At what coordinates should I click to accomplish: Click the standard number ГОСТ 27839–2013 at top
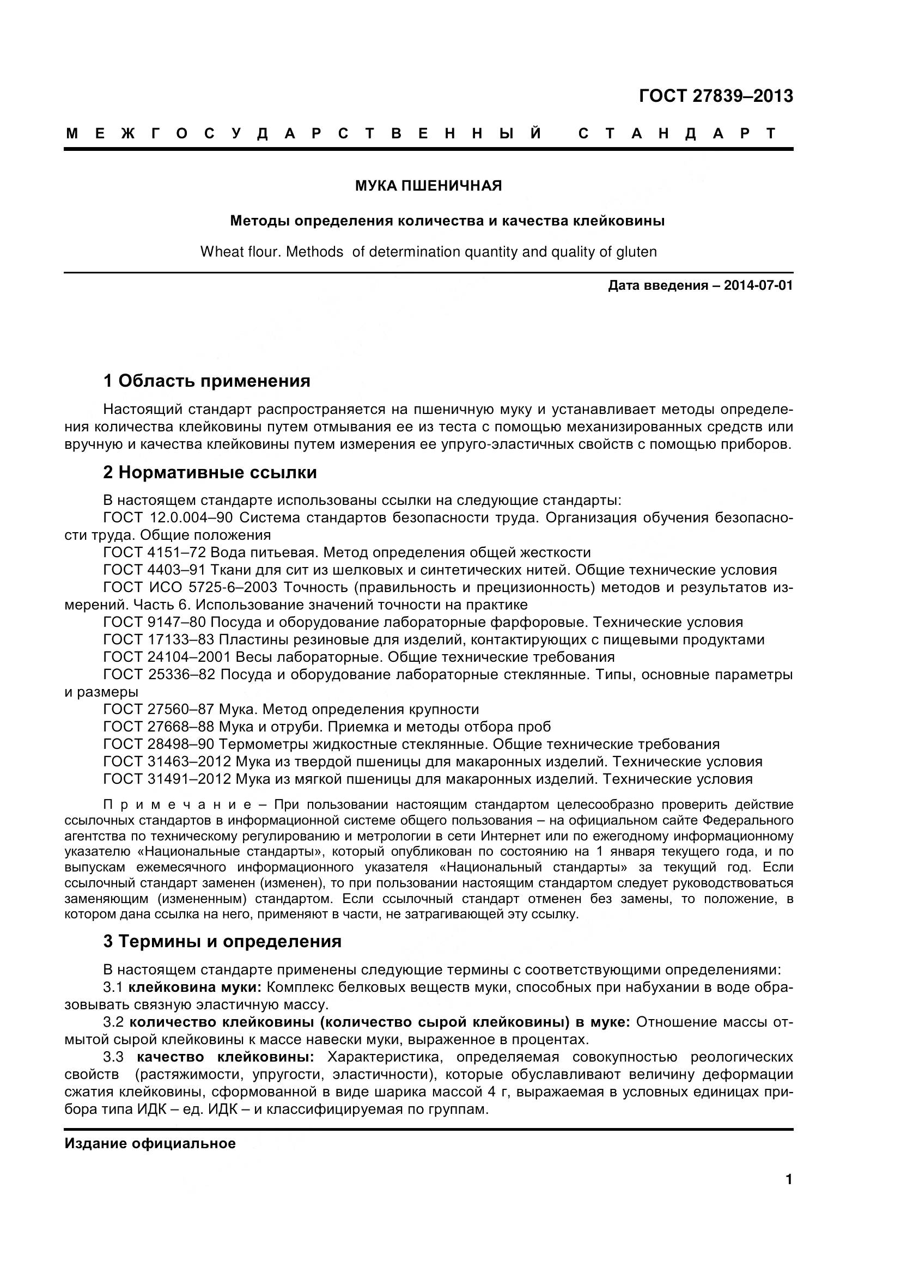click(x=715, y=96)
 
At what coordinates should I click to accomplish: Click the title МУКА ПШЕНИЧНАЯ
click(x=428, y=186)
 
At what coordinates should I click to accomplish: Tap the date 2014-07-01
click(x=758, y=286)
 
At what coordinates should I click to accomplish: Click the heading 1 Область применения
click(x=206, y=381)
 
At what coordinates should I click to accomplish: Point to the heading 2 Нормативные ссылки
click(x=210, y=473)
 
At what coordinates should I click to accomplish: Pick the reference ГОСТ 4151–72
click(x=155, y=553)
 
